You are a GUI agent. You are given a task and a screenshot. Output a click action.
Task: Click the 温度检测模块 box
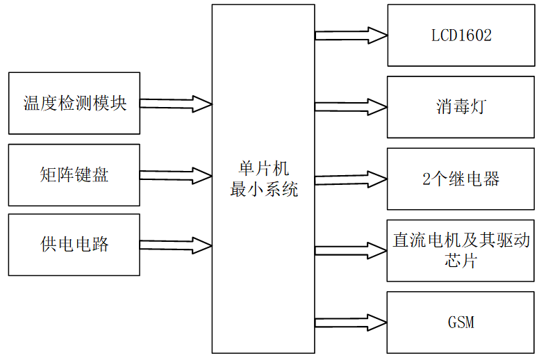tap(74, 104)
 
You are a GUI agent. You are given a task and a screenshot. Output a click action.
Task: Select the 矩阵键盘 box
tap(74, 174)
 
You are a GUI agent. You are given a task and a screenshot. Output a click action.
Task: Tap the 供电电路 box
tap(74, 245)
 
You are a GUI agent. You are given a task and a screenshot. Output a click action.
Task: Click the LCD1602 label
tap(461, 35)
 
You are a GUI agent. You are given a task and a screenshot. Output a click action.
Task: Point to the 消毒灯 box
tap(461, 107)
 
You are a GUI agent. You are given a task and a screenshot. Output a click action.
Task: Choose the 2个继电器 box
tap(461, 179)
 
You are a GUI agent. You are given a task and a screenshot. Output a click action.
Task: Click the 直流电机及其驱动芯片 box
tap(461, 250)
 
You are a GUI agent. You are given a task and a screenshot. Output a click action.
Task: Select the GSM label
tap(461, 322)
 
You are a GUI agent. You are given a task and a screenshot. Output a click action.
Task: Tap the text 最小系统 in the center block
tap(264, 188)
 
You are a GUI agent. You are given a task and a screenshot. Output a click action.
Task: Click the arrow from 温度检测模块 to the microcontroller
tap(176, 104)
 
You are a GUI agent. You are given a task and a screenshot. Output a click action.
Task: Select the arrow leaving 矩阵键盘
tap(176, 175)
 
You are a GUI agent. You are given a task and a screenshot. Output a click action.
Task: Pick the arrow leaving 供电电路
tap(176, 245)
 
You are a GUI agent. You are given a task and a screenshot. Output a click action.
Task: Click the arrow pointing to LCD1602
tap(351, 35)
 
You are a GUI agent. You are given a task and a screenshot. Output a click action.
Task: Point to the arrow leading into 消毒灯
tap(351, 107)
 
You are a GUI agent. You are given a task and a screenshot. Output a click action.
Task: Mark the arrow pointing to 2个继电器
tap(351, 179)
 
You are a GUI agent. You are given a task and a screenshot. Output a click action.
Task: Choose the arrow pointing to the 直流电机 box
tap(351, 251)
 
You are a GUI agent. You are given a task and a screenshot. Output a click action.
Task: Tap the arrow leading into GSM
tap(351, 322)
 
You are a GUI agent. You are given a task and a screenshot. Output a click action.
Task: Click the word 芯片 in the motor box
tap(461, 261)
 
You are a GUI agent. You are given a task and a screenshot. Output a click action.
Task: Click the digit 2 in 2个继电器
tap(426, 179)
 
